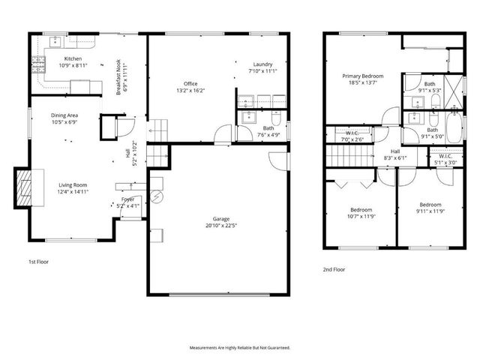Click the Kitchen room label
click(x=73, y=58)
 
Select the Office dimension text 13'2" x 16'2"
click(x=190, y=91)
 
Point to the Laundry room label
click(x=262, y=64)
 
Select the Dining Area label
click(x=64, y=115)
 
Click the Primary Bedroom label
click(x=363, y=76)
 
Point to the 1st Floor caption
click(x=38, y=262)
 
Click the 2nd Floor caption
click(x=334, y=268)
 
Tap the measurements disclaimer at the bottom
click(x=239, y=348)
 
